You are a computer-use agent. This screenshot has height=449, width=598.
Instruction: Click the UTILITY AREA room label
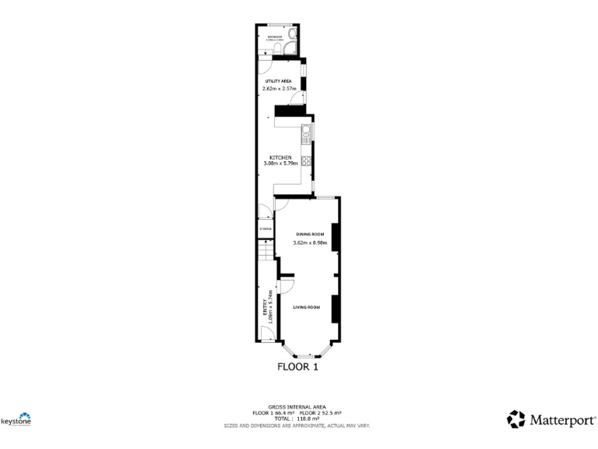click(x=278, y=81)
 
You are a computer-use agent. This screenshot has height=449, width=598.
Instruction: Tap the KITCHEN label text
click(x=280, y=157)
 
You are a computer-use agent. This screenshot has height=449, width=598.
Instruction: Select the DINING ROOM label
click(x=308, y=234)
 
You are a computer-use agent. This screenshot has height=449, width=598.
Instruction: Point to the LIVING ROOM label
click(x=307, y=307)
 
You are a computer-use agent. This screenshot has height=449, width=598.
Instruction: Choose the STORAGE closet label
click(x=265, y=229)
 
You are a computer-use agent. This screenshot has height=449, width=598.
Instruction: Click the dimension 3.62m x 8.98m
click(x=310, y=243)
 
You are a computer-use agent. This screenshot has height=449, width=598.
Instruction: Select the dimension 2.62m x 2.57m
click(x=280, y=90)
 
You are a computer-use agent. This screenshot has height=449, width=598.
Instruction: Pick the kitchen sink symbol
click(x=308, y=133)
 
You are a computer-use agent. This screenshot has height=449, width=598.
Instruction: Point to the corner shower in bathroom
click(x=289, y=49)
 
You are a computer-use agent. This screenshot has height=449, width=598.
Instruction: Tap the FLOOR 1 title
click(x=298, y=366)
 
